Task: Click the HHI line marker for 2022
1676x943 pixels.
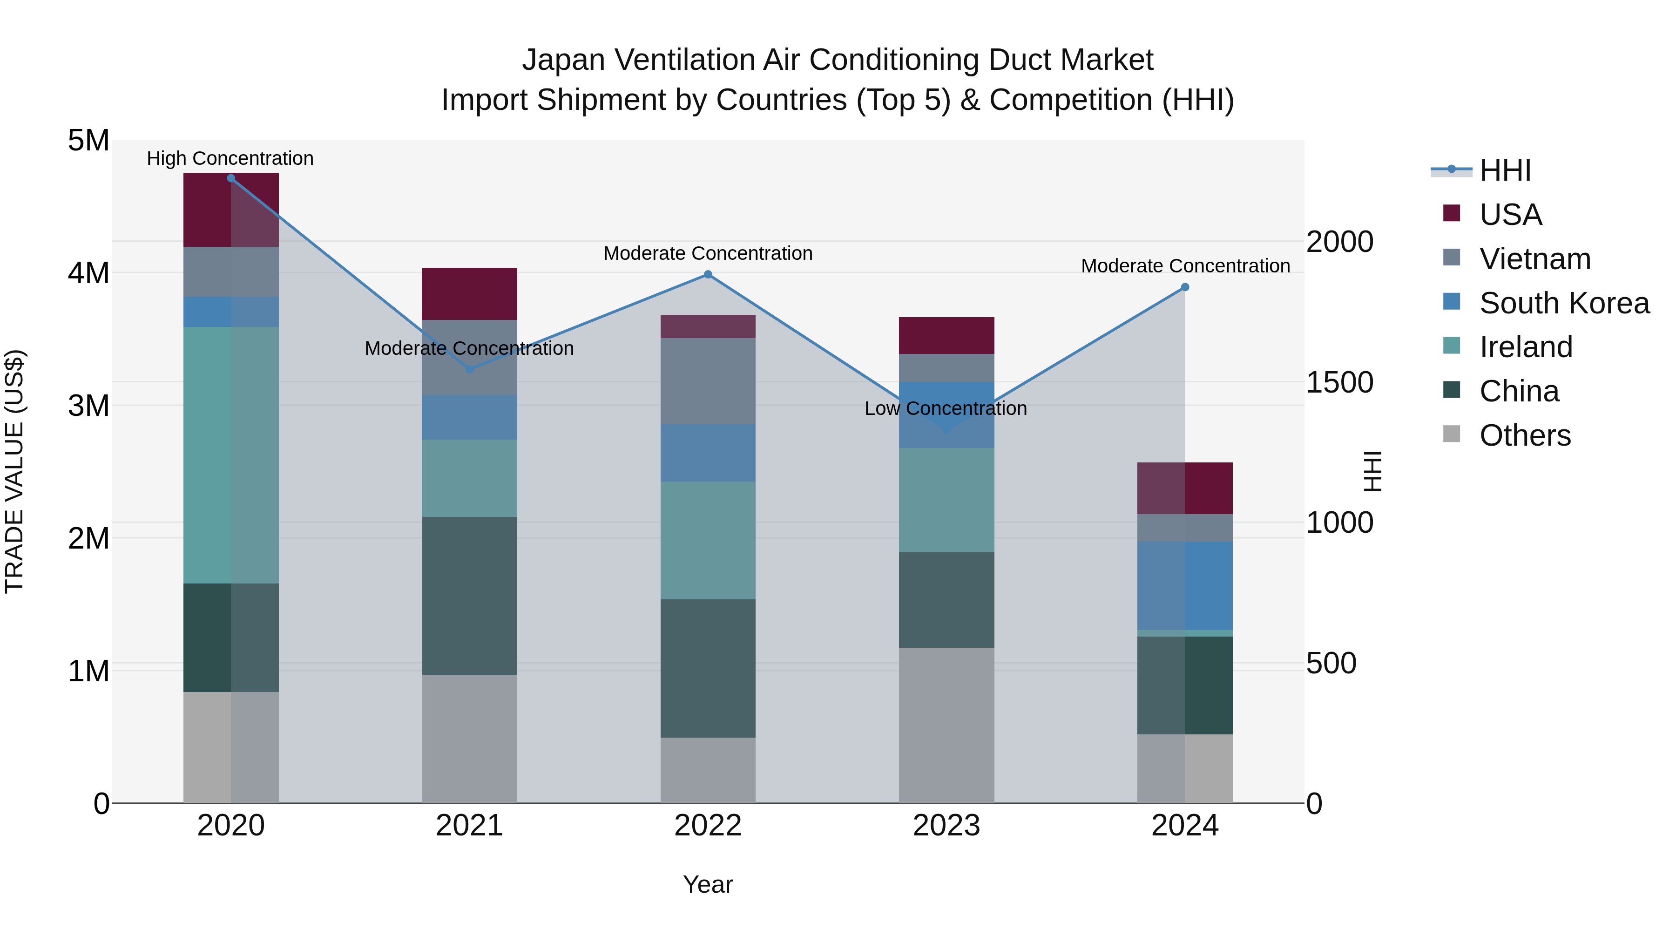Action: click(708, 275)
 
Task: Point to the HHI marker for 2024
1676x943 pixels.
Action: click(1185, 287)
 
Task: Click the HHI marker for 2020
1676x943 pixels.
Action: click(231, 178)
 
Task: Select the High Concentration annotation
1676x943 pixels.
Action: click(230, 159)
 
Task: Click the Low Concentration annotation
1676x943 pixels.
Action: click(946, 409)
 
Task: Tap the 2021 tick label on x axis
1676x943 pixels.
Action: click(469, 826)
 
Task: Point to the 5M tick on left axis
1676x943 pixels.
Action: click(89, 141)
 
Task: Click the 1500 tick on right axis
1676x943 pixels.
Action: click(1339, 383)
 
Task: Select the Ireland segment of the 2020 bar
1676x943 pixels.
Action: click(231, 455)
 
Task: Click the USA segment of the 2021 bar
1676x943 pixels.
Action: click(469, 293)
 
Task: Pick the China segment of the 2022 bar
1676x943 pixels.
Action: click(708, 668)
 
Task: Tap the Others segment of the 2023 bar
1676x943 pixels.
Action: click(946, 725)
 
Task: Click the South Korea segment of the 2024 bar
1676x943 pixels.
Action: click(1185, 586)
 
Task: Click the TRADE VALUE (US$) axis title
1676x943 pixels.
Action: click(14, 471)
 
